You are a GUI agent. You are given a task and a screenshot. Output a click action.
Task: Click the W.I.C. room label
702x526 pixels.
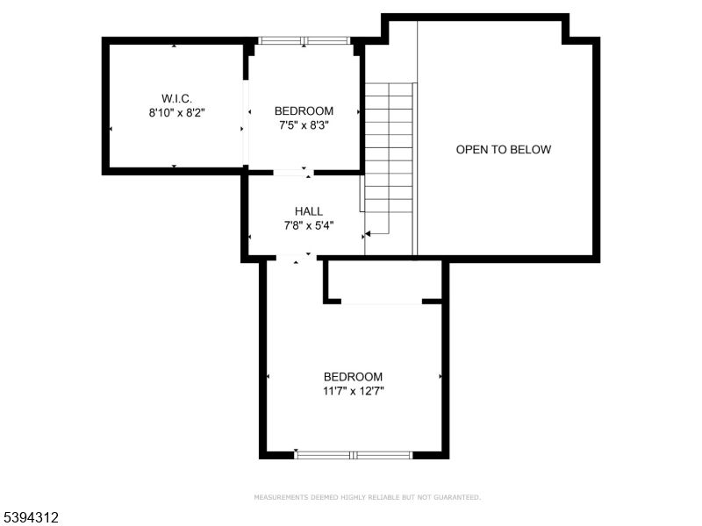176,97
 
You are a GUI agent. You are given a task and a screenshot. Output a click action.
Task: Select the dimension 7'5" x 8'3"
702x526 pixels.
304,125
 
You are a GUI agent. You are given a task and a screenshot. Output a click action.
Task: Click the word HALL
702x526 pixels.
308,211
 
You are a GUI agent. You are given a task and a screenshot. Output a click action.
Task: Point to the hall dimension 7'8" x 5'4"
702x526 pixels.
308,225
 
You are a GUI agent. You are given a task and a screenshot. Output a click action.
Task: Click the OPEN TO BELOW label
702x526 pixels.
504,150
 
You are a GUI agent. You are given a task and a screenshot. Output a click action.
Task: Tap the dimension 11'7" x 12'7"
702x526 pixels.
353,391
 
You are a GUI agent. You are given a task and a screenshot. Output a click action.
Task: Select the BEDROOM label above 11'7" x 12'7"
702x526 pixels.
353,376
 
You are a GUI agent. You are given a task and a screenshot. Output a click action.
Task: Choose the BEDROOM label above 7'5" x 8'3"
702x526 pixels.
304,110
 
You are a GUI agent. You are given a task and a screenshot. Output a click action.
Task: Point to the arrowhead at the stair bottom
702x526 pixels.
368,234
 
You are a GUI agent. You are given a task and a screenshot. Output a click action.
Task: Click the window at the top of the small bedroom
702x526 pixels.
304,40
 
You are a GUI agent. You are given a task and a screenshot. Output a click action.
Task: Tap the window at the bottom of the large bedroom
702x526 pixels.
353,455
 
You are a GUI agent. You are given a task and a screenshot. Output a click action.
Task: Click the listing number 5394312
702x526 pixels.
31,518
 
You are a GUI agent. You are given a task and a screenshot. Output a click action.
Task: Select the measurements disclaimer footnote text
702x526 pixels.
367,498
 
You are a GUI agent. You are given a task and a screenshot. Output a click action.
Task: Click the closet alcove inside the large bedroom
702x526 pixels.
383,281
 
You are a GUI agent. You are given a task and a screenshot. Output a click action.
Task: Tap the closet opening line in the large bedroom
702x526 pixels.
382,303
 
